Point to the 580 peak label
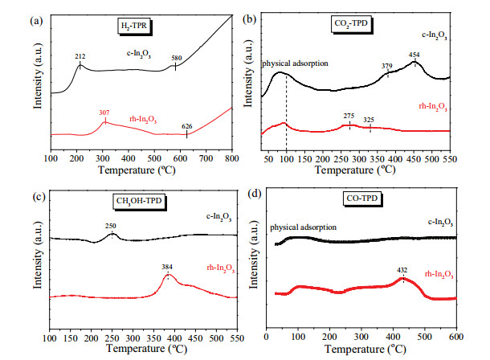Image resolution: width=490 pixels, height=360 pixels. pyautogui.click(x=176, y=57)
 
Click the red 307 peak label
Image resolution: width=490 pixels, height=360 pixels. pyautogui.click(x=104, y=112)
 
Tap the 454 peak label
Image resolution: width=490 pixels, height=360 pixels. pyautogui.click(x=414, y=55)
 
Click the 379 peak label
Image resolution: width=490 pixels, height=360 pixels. pyautogui.click(x=387, y=65)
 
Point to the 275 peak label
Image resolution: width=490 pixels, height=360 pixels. pyautogui.click(x=349, y=116)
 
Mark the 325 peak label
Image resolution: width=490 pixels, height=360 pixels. pyautogui.click(x=370, y=120)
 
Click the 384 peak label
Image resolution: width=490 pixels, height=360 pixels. pyautogui.click(x=167, y=266)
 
